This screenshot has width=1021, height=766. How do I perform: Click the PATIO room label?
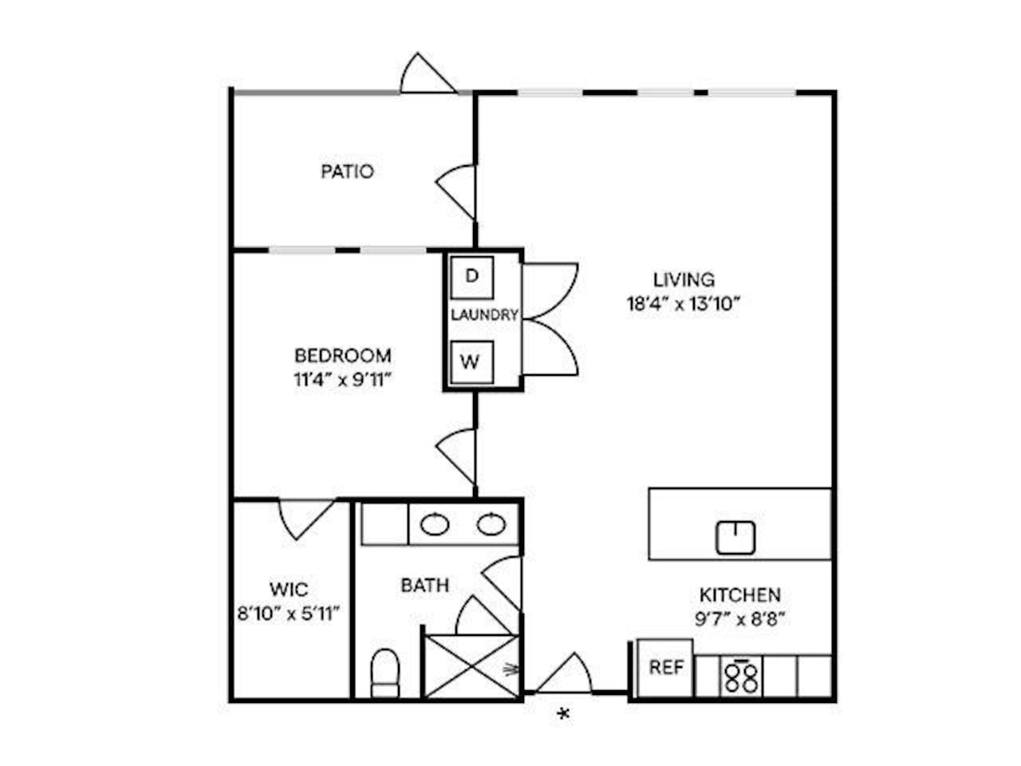(x=347, y=172)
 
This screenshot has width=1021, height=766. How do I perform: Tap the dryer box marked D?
(x=471, y=277)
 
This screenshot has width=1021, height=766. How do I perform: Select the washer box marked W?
(x=471, y=362)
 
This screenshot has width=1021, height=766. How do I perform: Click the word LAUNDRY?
(x=484, y=315)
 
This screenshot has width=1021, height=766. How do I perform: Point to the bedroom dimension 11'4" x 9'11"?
(x=342, y=380)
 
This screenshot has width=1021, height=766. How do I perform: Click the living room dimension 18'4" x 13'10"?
(x=684, y=304)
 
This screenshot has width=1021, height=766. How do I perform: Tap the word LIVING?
(x=684, y=279)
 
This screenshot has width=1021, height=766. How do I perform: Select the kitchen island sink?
(x=735, y=537)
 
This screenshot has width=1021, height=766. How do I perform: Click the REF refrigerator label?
(x=666, y=667)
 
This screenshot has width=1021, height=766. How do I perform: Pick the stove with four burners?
(x=742, y=677)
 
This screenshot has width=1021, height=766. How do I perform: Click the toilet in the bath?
(x=385, y=673)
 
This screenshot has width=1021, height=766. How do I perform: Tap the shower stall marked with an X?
(x=471, y=666)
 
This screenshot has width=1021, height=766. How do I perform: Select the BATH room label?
(x=424, y=585)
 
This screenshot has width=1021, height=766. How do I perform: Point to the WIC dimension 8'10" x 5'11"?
(x=289, y=614)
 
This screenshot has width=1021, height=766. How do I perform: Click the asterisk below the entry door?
(x=563, y=714)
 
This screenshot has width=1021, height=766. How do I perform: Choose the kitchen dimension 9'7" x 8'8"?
(x=740, y=619)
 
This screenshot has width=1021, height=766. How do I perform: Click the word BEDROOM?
(x=342, y=356)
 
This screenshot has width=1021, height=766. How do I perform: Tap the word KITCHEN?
(x=740, y=595)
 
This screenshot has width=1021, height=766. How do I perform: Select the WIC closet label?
(x=289, y=590)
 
